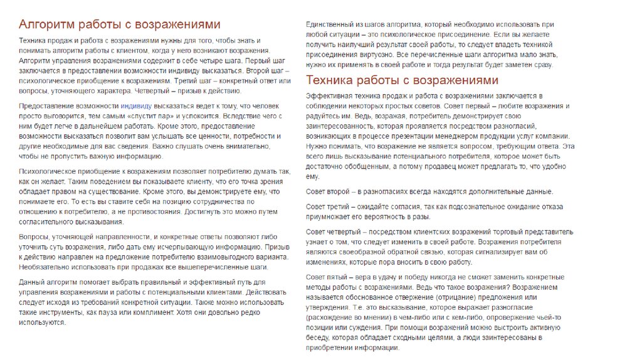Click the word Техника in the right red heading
(330, 80)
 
